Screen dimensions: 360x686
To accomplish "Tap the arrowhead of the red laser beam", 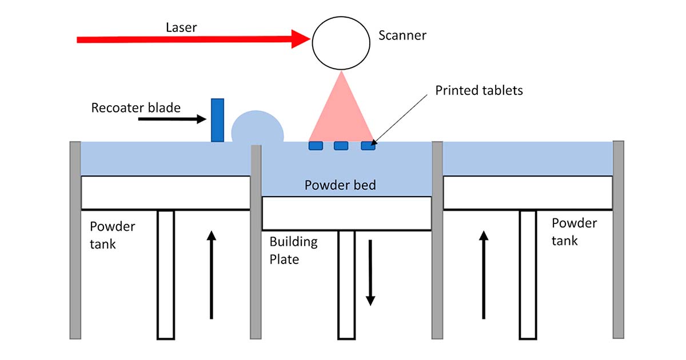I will tap(301, 39).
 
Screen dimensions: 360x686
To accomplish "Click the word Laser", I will tap(181, 27).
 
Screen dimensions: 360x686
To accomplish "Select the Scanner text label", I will tap(402, 35).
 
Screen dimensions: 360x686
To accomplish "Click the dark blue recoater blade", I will tap(217, 120).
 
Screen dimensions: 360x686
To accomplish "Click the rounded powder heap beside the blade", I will tap(257, 129).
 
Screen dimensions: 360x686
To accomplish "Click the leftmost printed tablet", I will tap(316, 146).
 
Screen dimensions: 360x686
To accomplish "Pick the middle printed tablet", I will tap(341, 146).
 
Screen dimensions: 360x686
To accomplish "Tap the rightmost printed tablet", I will tap(368, 146).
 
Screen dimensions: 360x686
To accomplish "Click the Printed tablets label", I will tap(479, 90).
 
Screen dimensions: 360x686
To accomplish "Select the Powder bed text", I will tap(340, 185).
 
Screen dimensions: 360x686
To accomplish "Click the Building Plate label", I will tap(293, 250).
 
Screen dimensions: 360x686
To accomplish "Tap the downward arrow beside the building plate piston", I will tap(370, 272).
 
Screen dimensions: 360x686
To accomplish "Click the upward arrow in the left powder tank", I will tap(212, 274).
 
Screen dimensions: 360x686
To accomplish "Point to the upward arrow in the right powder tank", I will tap(484, 274).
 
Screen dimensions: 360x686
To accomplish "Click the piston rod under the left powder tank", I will tap(165, 274).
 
